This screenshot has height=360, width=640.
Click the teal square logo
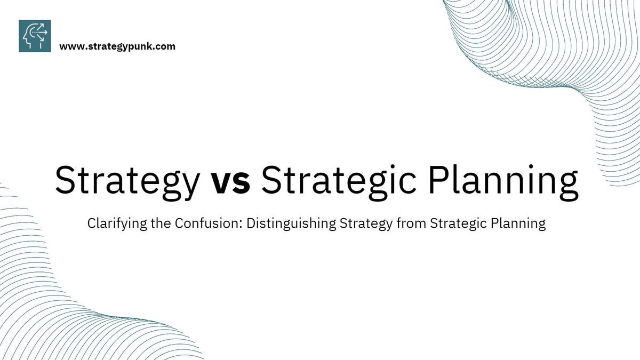tap(35, 36)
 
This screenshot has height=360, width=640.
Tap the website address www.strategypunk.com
tap(117, 46)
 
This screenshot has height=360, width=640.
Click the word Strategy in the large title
tap(126, 180)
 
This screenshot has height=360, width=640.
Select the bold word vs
tap(230, 180)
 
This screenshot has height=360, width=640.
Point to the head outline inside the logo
tap(30, 37)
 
